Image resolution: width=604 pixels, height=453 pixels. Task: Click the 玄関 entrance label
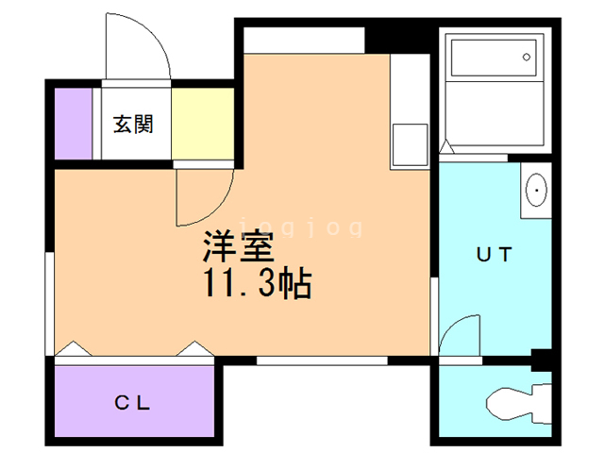(x=133, y=124)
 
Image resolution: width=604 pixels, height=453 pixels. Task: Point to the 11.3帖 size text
(x=255, y=283)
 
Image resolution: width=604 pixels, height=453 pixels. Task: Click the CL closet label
(x=134, y=403)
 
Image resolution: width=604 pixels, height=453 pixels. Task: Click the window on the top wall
(x=305, y=41)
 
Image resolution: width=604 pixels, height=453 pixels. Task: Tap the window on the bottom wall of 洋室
(x=321, y=361)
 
